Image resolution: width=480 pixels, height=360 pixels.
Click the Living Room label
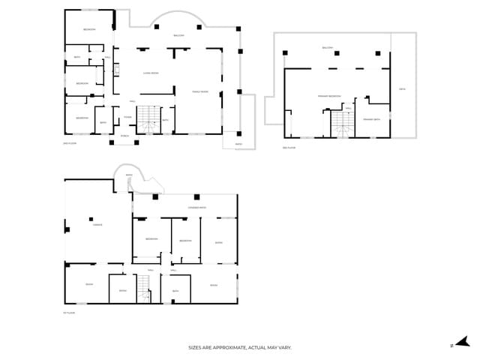151,73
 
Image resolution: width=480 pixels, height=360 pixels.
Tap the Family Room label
200,91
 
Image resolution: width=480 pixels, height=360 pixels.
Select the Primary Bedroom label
329,96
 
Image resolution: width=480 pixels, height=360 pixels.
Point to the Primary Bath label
371,119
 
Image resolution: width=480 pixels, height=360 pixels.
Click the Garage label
97,224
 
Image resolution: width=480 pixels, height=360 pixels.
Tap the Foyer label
128,117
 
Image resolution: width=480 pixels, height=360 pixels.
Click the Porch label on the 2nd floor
124,136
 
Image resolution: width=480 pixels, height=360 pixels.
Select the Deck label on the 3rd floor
403,89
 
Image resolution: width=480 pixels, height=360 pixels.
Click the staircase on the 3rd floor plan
342,124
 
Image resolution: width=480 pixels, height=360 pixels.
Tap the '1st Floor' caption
69,313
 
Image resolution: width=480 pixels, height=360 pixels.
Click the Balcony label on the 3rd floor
327,48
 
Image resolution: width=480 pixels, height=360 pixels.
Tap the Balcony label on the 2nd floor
179,35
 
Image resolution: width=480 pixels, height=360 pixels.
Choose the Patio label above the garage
128,175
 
